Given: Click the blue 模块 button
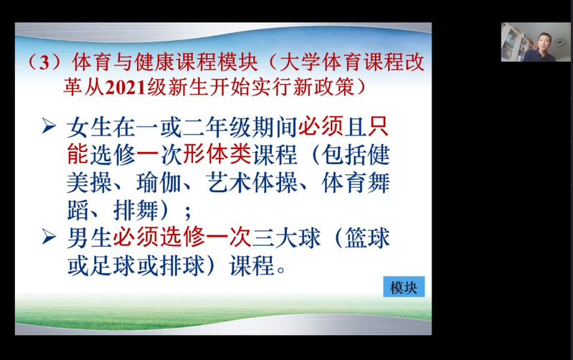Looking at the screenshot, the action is coord(404,287).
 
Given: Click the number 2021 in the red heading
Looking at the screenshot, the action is coord(126,88).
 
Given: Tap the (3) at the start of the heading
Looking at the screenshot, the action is coord(44,62).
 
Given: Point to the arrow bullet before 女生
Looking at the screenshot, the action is coord(49,126).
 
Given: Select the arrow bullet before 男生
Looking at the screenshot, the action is coord(49,237).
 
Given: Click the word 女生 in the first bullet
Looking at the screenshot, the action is coord(89,127).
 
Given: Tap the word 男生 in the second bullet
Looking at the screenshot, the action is coord(89,237).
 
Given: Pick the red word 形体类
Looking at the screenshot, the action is coord(217,155).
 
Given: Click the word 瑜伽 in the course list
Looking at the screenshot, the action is coord(159,182).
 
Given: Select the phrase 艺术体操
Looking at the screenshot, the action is coord(252,182).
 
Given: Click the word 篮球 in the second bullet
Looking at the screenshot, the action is coord(367,237).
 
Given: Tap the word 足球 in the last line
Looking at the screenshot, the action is coord(113,265).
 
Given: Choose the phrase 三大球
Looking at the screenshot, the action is coord(286,237).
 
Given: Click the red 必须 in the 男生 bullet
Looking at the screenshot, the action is coord(136,237).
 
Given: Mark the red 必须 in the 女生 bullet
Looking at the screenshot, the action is coord(321,127).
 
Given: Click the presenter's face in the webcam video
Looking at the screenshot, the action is coord(544,41).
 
